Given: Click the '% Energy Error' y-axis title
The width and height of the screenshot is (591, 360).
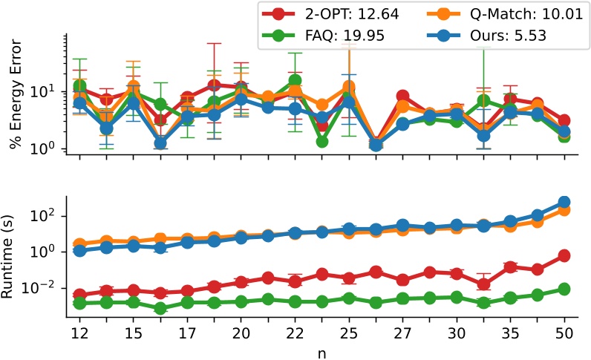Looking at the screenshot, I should pos(15,94).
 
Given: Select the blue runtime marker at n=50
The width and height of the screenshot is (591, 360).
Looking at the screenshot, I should pos(564,202).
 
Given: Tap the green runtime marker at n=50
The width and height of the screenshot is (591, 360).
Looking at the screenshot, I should pos(564,289).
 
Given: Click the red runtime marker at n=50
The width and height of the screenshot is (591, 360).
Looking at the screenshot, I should pos(564,255).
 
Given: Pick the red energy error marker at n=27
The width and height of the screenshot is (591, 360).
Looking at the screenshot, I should pos(402,96).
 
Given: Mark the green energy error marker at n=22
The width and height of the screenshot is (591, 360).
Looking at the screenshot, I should pos(295,80).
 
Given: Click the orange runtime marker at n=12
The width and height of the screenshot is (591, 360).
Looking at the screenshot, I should pos(79,244).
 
